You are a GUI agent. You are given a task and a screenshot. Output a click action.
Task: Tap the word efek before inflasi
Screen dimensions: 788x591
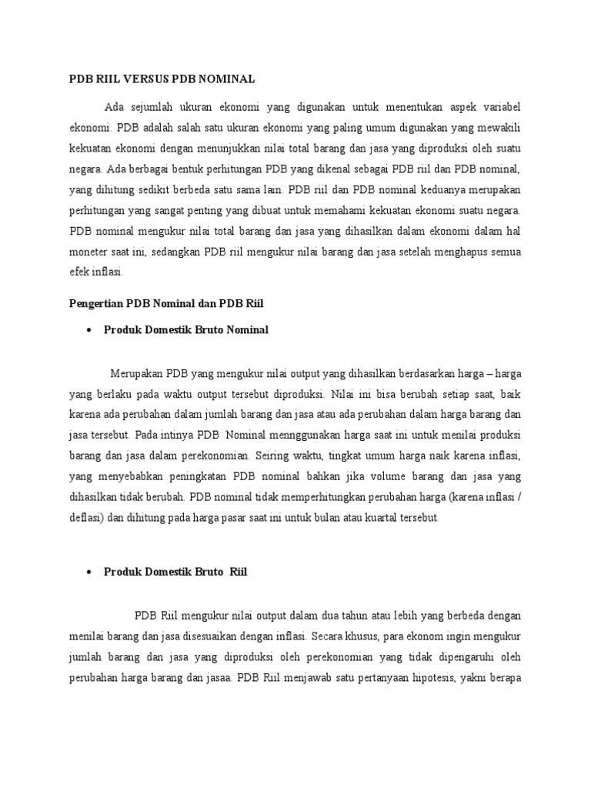(x=79, y=272)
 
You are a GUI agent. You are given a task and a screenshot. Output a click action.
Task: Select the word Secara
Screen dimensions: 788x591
(x=326, y=636)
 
